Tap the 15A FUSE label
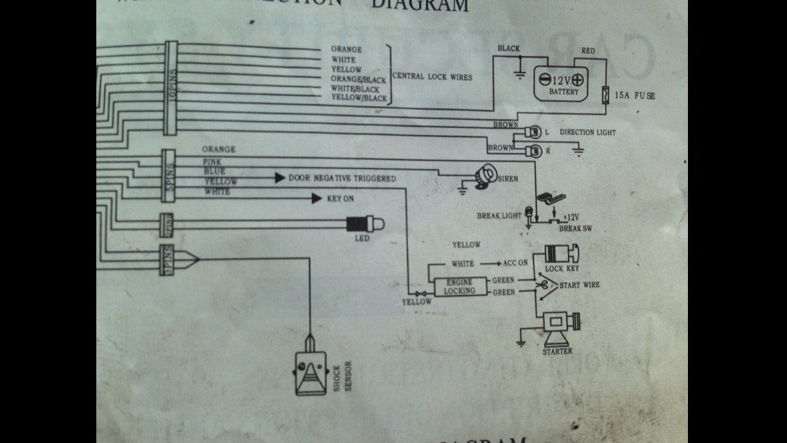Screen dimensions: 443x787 click(x=634, y=96)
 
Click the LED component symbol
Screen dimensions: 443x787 click(x=363, y=224)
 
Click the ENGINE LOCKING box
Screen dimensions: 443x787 click(x=460, y=286)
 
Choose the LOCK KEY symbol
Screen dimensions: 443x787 click(x=562, y=254)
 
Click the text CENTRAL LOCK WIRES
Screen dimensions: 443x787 click(x=432, y=77)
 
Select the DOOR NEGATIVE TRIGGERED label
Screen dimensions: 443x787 click(x=342, y=179)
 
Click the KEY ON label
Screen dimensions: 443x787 click(x=340, y=199)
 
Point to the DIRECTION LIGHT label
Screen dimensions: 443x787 click(x=587, y=132)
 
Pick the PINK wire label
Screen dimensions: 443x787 click(x=211, y=161)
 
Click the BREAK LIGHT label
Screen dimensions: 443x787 click(x=499, y=216)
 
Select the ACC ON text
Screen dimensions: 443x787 click(x=514, y=264)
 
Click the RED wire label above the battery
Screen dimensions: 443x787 click(x=588, y=51)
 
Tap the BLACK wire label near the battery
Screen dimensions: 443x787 click(x=509, y=49)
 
